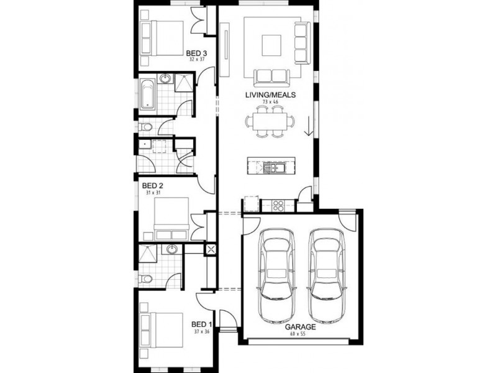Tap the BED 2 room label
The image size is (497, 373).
point(152,186)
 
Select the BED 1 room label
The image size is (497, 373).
point(202,324)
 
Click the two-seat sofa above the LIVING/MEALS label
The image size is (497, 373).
point(271,77)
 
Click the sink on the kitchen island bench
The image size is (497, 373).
point(272,167)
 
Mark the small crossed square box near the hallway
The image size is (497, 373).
point(211,250)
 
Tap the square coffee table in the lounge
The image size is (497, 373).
point(271,45)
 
